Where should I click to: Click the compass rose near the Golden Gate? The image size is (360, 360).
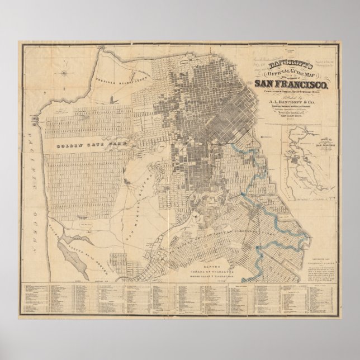click(x=65, y=71)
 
